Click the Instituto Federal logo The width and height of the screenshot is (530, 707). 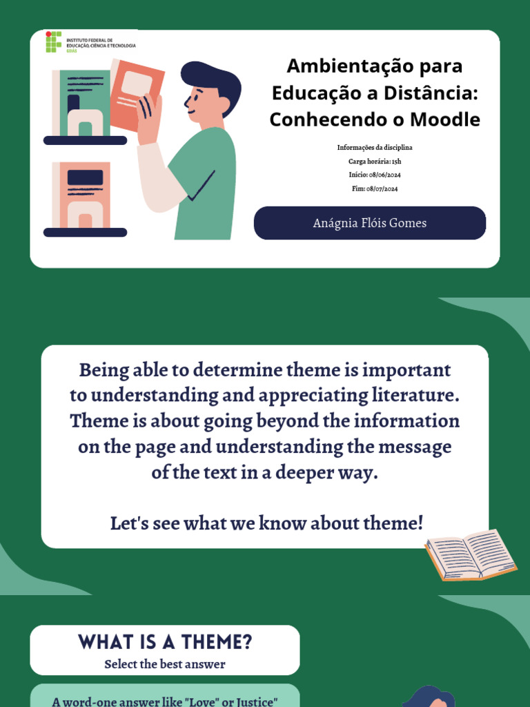[54, 41]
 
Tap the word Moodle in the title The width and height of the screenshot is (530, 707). [445, 119]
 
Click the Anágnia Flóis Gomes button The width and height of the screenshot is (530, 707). [370, 223]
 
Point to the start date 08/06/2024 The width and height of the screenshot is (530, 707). [384, 175]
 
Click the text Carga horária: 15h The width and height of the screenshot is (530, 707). [375, 162]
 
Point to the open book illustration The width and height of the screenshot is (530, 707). [471, 554]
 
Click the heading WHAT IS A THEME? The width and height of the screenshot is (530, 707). [165, 643]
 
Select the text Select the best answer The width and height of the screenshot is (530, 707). [165, 665]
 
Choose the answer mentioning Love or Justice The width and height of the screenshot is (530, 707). [165, 701]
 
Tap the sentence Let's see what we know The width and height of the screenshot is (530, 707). [266, 523]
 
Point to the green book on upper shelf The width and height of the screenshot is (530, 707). [85, 103]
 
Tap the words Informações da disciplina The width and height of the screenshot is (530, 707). [375, 148]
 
